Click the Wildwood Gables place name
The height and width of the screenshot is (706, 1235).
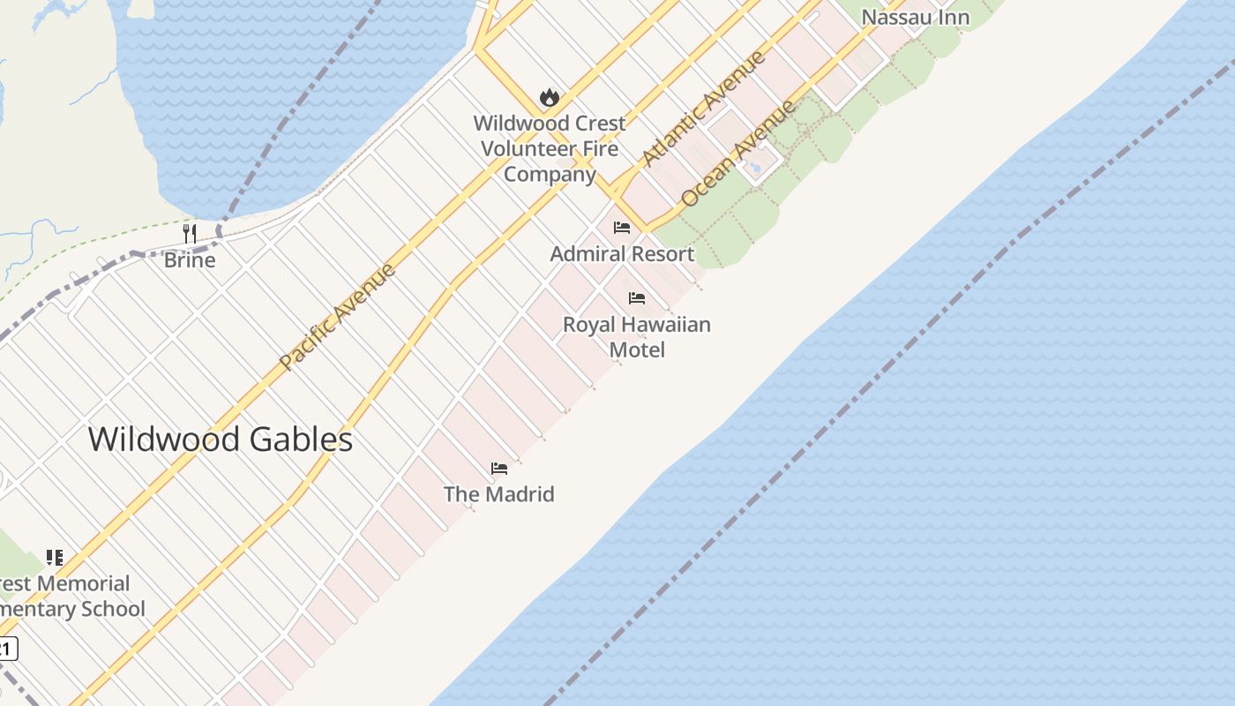(x=221, y=439)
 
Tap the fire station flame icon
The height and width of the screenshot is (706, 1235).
(x=549, y=97)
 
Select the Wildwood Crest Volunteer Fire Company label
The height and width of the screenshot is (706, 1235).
(x=550, y=148)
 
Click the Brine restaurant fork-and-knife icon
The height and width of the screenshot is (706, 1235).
(x=190, y=233)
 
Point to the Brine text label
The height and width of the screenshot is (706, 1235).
(x=190, y=260)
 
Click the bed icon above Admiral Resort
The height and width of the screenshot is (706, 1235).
(x=622, y=228)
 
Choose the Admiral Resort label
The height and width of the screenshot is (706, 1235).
(x=622, y=254)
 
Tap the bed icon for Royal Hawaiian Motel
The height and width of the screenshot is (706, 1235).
(x=637, y=298)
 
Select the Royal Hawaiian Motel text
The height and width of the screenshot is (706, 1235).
(x=637, y=337)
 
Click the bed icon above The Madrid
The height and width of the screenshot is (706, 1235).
(x=499, y=469)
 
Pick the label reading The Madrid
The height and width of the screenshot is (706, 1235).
(x=499, y=494)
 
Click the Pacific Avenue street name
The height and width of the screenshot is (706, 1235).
(x=338, y=316)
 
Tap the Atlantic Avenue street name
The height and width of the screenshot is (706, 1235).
(x=704, y=109)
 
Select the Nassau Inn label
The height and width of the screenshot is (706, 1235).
(x=915, y=17)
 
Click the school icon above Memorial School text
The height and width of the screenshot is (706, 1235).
(x=55, y=558)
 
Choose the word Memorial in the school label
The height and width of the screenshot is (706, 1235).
(x=83, y=583)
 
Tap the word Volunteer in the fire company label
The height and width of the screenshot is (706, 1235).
(x=550, y=148)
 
